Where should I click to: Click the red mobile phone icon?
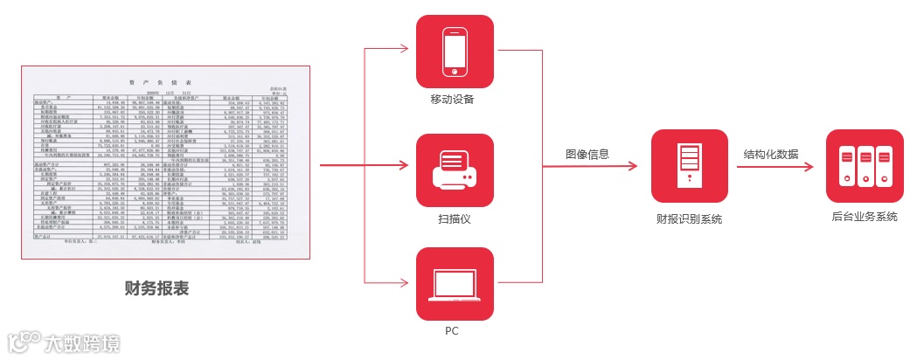coord(455,52)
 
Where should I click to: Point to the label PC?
coord(452,331)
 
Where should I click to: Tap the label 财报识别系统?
coord(689,218)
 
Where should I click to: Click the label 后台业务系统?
coord(865,217)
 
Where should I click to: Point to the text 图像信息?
coord(587,154)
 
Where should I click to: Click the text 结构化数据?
coord(770,154)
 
